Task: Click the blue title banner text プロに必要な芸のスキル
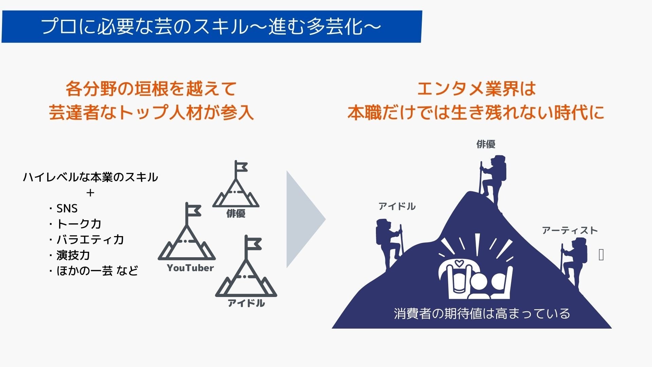211,27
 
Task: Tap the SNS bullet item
67,208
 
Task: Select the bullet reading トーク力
79,224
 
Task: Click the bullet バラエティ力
90,240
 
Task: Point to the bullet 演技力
73,255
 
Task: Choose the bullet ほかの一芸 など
97,271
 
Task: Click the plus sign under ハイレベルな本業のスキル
90,193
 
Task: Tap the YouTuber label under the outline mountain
190,268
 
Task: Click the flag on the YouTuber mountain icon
194,211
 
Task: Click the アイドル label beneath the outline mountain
246,303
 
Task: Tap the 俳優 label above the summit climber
486,144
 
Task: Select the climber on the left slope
389,243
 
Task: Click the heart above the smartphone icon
459,263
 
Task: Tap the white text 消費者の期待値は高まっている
482,313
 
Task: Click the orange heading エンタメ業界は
476,89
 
